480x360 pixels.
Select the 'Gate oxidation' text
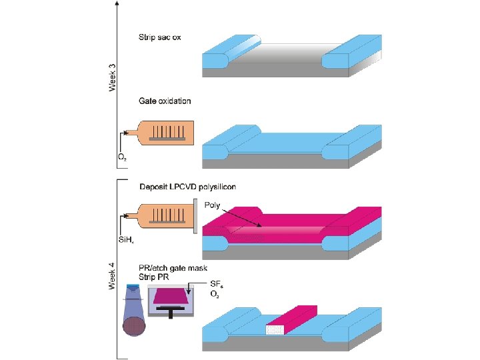[165, 101]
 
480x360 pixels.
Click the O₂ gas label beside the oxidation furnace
[123, 158]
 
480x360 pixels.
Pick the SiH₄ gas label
[126, 240]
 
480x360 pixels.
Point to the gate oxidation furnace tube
[166, 133]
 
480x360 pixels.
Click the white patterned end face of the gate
[275, 330]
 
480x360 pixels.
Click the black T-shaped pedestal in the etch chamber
[172, 312]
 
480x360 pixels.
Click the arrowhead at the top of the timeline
[118, 3]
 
